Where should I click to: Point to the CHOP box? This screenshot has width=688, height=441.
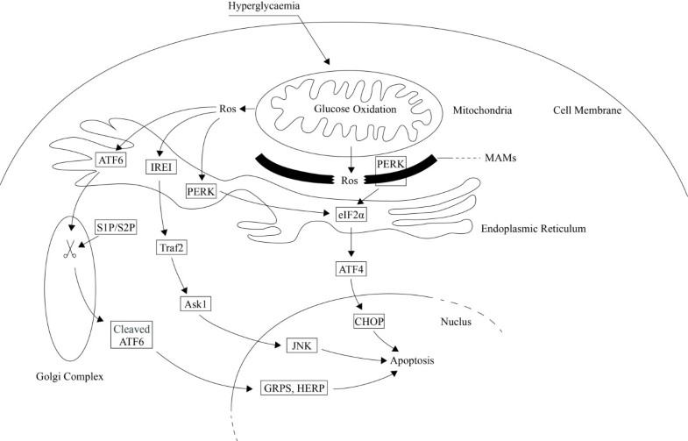click(370, 323)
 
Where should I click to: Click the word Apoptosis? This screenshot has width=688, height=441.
click(404, 359)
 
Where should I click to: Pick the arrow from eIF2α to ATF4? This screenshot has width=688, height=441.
click(351, 240)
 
